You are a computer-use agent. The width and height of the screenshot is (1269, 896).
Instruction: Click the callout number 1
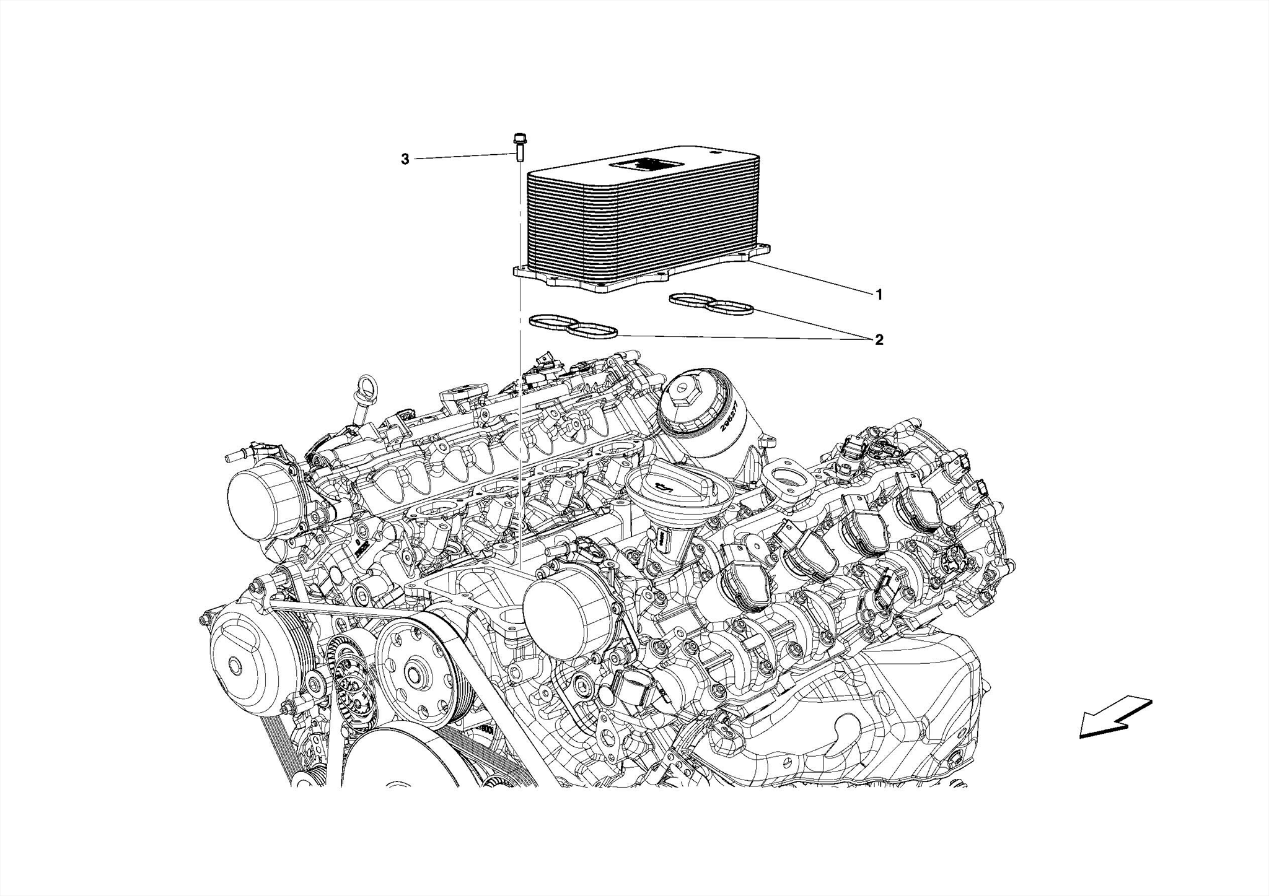tap(878, 295)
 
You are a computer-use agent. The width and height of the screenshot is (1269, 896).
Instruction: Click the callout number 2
tap(879, 340)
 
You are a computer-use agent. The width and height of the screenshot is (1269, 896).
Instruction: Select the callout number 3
tap(405, 160)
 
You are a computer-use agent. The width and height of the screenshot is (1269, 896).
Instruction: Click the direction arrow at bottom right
tap(1114, 718)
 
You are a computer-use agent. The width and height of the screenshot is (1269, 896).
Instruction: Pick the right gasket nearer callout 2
tap(712, 304)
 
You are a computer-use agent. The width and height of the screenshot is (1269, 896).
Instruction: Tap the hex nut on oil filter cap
tap(685, 391)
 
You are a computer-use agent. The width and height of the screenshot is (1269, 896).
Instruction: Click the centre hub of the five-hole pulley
tap(412, 674)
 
